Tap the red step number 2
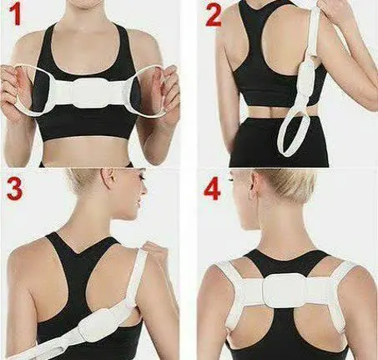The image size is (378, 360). pyautogui.click(x=214, y=16)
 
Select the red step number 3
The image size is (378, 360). pyautogui.click(x=13, y=188)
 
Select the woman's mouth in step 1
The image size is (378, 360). pyautogui.click(x=92, y=5)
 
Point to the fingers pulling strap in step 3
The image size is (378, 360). pyautogui.click(x=154, y=248)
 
